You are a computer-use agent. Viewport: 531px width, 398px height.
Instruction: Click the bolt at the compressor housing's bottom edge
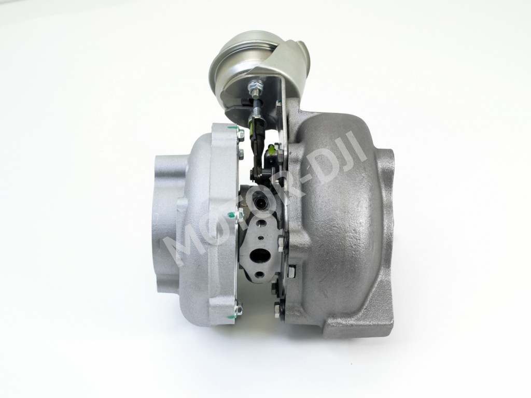point(238,309)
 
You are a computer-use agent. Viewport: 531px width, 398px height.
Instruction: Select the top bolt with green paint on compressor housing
point(240,133)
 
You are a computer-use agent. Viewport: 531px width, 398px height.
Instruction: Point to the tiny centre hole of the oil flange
point(265,238)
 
